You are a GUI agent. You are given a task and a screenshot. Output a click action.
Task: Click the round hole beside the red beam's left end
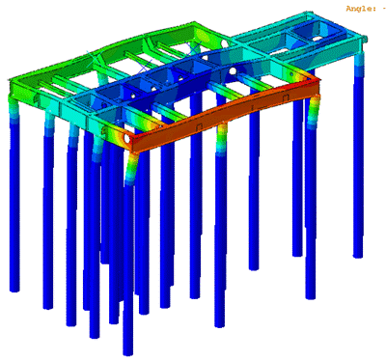(126, 137)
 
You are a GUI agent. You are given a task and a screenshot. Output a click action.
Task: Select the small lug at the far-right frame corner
(366, 39)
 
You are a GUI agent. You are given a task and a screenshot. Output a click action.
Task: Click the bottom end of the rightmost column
(358, 255)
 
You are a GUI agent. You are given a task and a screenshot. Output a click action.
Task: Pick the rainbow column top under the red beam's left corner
(131, 168)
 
